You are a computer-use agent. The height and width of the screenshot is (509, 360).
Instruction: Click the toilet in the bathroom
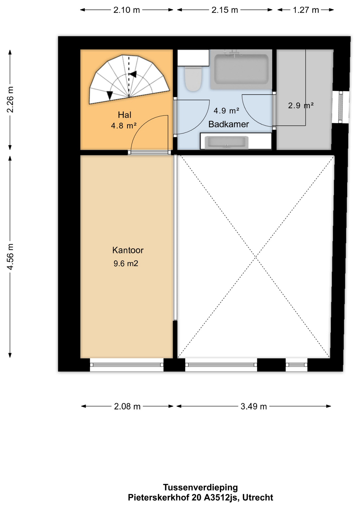[193, 78]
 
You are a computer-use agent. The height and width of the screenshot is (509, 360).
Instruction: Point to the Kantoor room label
[128, 250]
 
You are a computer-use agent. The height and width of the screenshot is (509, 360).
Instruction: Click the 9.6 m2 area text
[126, 264]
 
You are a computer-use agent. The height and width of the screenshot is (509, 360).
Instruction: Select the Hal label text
[124, 115]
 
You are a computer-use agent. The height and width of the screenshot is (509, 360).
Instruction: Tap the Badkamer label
[229, 124]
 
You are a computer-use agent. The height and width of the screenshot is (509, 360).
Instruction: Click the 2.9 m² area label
[301, 106]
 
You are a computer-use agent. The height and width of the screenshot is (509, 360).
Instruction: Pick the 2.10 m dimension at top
[126, 10]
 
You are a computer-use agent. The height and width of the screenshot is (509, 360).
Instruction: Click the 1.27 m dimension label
[306, 10]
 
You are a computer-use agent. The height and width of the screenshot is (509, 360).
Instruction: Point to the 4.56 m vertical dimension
[10, 257]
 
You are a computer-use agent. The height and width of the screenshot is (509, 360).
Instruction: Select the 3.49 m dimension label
[253, 406]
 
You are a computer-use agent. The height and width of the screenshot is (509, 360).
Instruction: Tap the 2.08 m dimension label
[127, 406]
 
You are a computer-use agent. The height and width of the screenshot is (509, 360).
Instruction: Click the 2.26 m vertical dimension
[10, 100]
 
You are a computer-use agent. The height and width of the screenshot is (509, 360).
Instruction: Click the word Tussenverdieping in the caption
[200, 488]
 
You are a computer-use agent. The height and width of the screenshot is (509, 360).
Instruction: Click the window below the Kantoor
[127, 365]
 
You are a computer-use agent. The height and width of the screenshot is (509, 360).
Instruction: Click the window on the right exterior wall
[341, 107]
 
